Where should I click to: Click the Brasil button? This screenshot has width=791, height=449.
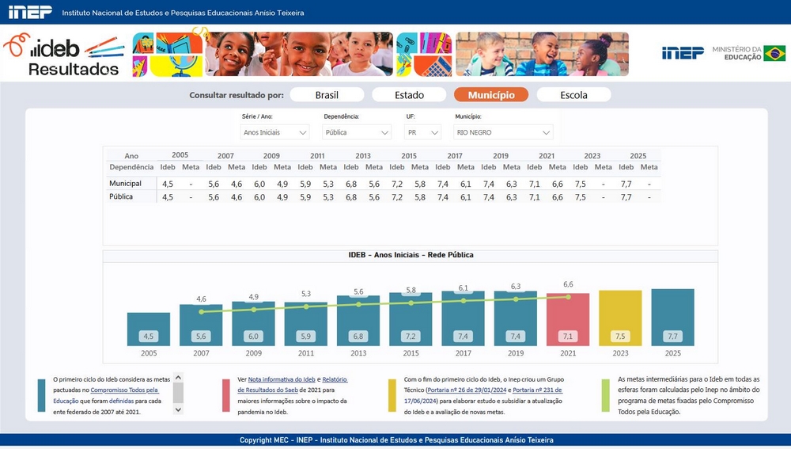(x=327, y=95)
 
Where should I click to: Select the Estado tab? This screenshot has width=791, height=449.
(x=409, y=95)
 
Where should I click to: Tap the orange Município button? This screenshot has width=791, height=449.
(x=491, y=95)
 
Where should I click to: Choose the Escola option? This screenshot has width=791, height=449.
(x=573, y=95)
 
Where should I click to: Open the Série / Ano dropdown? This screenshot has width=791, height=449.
(x=275, y=132)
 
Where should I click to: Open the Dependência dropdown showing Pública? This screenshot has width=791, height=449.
(x=357, y=132)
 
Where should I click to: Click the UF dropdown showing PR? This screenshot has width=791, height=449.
(x=422, y=132)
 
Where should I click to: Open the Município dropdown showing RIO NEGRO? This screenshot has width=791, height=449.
(x=503, y=132)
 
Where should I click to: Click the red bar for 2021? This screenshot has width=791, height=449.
(x=568, y=320)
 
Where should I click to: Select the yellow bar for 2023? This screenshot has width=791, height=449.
(x=620, y=318)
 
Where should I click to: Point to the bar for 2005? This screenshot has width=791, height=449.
(x=149, y=329)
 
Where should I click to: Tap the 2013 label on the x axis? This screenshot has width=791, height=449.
(x=358, y=353)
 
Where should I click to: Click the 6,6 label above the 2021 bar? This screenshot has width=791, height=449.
(x=568, y=284)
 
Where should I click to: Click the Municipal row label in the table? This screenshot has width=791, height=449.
(x=125, y=184)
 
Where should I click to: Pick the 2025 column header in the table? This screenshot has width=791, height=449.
(x=638, y=155)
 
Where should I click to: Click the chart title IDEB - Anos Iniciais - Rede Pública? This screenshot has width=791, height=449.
(x=411, y=255)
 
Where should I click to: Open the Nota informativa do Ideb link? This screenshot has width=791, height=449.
(x=282, y=379)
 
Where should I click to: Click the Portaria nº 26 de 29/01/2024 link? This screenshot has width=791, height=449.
(x=467, y=390)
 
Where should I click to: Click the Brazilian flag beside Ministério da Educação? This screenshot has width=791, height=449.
(x=774, y=53)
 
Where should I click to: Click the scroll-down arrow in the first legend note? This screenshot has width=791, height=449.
(x=178, y=409)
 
